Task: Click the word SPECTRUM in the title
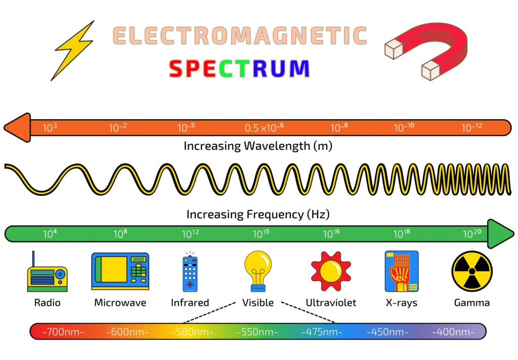pos(239,69)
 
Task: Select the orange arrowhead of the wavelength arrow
pos(17,128)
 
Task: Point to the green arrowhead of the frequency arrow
pos(500,234)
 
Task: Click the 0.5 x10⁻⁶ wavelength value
pos(264,128)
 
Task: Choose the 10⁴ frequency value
pos(50,234)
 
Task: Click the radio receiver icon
pos(47,273)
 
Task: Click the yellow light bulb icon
pos(258,271)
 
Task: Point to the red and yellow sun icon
pos(331,271)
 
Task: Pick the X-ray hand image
pos(401,271)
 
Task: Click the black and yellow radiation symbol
pos(471,272)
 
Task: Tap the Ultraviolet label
pos(331,303)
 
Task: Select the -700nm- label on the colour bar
pos(63,332)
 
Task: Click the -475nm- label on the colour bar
pos(322,332)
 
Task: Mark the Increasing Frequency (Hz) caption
pos(258,214)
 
